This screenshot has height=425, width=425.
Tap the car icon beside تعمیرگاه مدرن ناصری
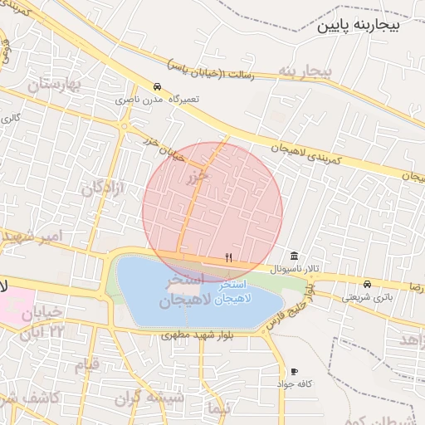157,86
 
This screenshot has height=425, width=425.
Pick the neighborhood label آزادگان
102,188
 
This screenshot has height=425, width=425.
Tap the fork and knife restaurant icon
228,257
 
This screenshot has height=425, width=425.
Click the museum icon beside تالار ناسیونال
294,256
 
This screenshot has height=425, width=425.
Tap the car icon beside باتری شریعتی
367,283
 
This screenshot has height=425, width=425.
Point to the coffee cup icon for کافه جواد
294,371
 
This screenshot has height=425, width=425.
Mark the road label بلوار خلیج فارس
291,306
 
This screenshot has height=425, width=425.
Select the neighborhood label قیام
86,364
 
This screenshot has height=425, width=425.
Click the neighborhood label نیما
219,408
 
